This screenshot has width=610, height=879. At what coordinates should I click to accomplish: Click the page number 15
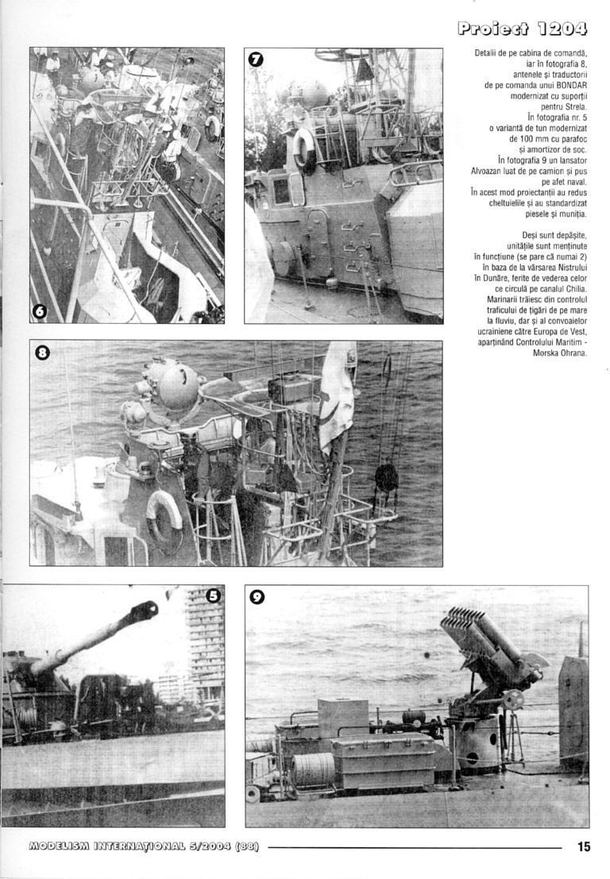[584, 846]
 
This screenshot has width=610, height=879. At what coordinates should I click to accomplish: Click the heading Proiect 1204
[523, 30]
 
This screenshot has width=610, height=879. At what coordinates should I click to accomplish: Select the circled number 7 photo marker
[256, 60]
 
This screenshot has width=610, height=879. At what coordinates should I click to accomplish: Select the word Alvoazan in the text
[488, 171]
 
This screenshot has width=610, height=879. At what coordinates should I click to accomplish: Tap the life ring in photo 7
[303, 148]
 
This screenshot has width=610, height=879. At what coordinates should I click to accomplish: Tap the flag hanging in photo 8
[337, 389]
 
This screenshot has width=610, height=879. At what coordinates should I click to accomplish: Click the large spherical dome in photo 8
[179, 385]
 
